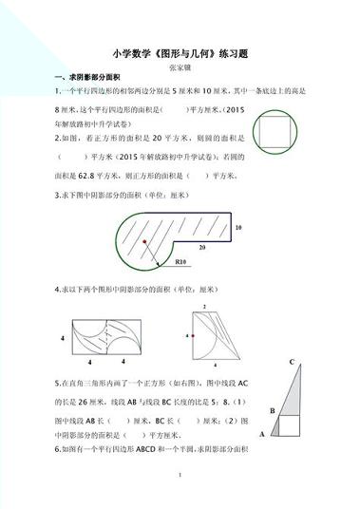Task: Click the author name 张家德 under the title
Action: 180,70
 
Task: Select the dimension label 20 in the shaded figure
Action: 201,245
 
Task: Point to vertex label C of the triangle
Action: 293,361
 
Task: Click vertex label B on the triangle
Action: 272,410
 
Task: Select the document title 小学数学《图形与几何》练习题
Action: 179,54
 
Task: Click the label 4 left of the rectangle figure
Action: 62,338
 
